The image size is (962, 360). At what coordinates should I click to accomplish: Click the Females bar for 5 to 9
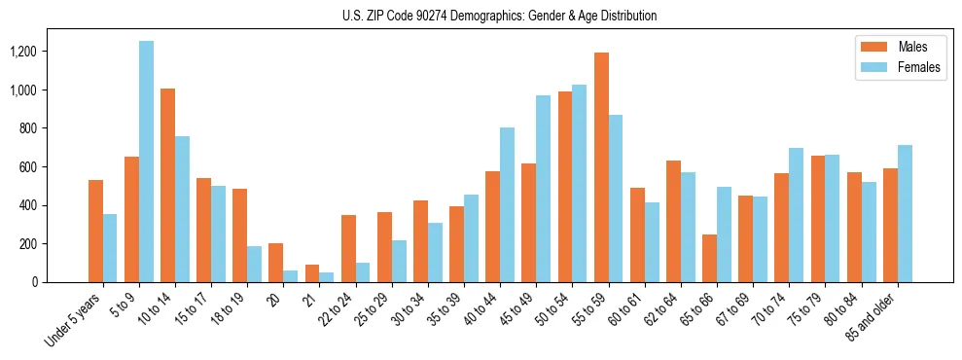(x=146, y=162)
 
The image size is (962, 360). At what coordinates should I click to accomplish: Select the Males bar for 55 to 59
(x=601, y=167)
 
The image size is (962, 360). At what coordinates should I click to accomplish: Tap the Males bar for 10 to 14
(x=167, y=185)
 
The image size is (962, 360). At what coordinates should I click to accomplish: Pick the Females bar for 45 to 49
(x=543, y=189)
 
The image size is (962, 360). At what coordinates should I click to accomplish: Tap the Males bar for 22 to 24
(x=348, y=248)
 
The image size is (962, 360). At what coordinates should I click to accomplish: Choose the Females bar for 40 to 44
(x=507, y=204)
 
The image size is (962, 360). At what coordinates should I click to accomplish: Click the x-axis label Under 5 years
(x=76, y=322)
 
